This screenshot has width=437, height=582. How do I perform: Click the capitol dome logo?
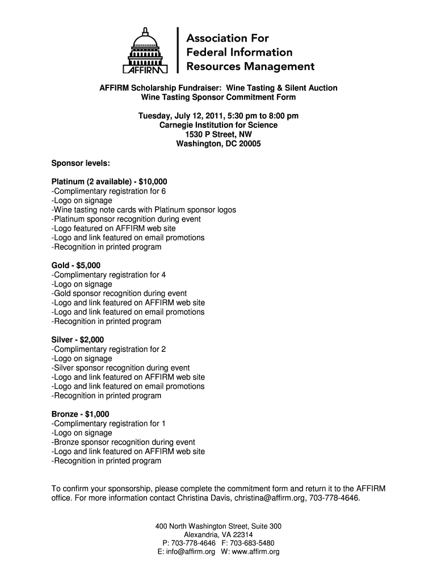pyautogui.click(x=146, y=52)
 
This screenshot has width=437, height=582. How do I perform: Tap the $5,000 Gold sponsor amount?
pyautogui.click(x=88, y=265)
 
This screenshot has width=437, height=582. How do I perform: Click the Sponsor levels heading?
pyautogui.click(x=81, y=163)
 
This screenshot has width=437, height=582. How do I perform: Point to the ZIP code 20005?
pyautogui.click(x=247, y=144)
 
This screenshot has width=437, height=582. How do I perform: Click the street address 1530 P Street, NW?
pyautogui.click(x=218, y=135)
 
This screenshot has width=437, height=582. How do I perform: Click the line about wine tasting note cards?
pyautogui.click(x=144, y=210)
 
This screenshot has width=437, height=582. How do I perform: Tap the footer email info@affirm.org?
pyautogui.click(x=183, y=551)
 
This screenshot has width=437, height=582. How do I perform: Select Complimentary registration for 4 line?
pyautogui.click(x=108, y=275)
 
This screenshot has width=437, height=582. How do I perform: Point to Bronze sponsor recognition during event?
pyautogui.click(x=123, y=442)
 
